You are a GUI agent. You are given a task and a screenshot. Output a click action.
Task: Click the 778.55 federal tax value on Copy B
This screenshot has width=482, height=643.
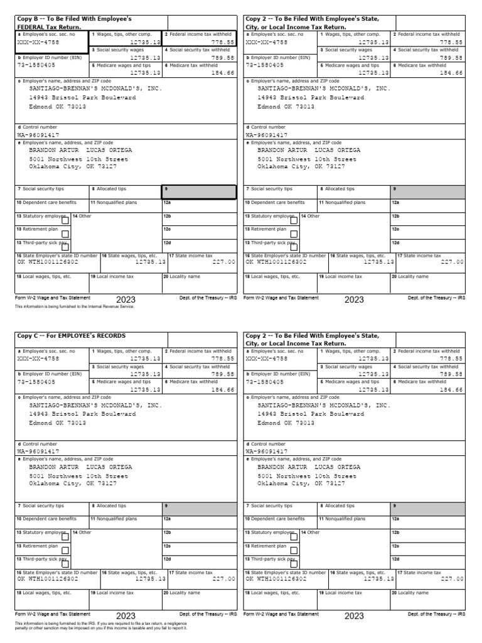point(222,41)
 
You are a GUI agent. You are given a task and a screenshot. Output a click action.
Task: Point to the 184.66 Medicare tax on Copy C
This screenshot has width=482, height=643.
point(222,389)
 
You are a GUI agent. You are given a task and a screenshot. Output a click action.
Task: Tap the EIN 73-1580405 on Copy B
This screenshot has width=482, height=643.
point(36,64)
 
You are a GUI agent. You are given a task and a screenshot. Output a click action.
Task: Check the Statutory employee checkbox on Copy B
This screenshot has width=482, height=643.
point(65,219)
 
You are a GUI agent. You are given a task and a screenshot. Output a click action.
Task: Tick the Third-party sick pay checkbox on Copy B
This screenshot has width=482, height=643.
point(65,246)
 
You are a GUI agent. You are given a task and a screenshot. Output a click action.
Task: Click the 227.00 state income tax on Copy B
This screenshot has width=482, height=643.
point(223,262)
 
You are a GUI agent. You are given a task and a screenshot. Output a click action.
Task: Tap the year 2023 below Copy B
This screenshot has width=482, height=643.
point(126,300)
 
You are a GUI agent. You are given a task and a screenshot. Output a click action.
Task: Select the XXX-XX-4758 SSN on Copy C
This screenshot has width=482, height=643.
point(38,358)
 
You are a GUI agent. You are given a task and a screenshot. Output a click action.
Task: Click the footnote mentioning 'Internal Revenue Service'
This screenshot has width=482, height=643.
point(75,307)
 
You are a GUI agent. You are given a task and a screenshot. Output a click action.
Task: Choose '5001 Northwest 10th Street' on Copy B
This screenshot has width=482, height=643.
point(78,159)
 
